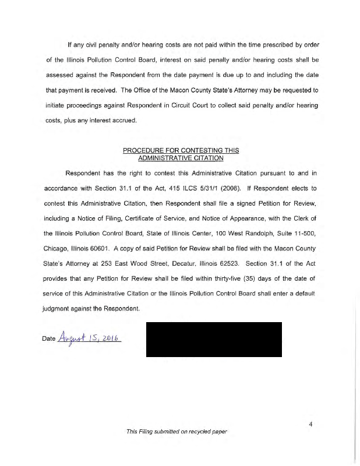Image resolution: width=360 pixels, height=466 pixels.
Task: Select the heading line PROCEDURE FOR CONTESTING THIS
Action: pyautogui.click(x=181, y=150)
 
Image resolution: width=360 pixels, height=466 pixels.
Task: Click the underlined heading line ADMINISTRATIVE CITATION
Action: pyautogui.click(x=181, y=158)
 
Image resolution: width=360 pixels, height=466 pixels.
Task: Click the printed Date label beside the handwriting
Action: pyautogui.click(x=49, y=339)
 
